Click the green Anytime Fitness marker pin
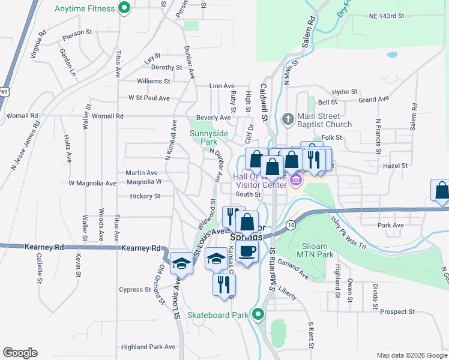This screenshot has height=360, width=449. (124, 8)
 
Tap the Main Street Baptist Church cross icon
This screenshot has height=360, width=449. (288, 118)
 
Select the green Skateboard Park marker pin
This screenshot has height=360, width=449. (258, 313)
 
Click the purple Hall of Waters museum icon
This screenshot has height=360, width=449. (295, 180)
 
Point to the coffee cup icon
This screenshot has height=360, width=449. (247, 251)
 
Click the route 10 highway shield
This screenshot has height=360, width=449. (291, 224)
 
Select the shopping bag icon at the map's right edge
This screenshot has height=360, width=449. (441, 191)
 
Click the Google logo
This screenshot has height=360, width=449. (20, 353)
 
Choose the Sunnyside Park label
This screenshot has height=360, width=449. (203, 137)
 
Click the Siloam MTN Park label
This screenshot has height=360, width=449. (324, 255)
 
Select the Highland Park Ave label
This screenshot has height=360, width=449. (148, 347)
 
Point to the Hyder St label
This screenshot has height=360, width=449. (344, 92)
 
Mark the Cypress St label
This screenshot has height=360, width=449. (135, 289)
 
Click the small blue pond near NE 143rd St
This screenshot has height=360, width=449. (392, 55)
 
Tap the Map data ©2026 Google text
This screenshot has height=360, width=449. (411, 355)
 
